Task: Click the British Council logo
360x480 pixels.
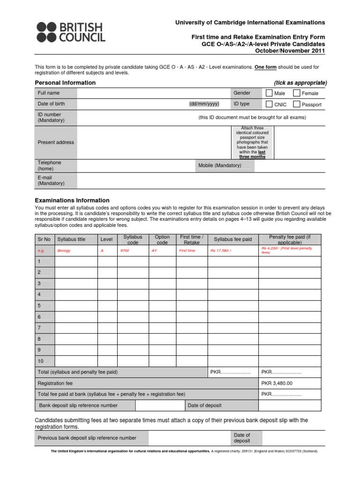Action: (x=71, y=32)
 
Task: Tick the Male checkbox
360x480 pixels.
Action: (x=269, y=93)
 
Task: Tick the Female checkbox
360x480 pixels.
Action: (x=296, y=93)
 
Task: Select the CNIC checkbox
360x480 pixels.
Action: (x=269, y=104)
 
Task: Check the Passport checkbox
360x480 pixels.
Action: (x=296, y=104)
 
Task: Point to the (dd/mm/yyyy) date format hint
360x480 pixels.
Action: (x=204, y=104)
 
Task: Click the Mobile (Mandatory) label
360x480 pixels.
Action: (x=219, y=165)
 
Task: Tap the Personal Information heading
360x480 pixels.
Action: (x=65, y=83)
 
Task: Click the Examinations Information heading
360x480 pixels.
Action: (x=72, y=200)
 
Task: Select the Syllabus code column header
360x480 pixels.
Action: (x=133, y=240)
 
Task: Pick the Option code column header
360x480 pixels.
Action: (x=162, y=240)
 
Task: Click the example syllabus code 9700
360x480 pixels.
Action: (x=124, y=251)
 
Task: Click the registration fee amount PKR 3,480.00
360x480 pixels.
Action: (x=277, y=383)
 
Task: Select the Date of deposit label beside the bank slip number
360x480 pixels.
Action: (x=204, y=405)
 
